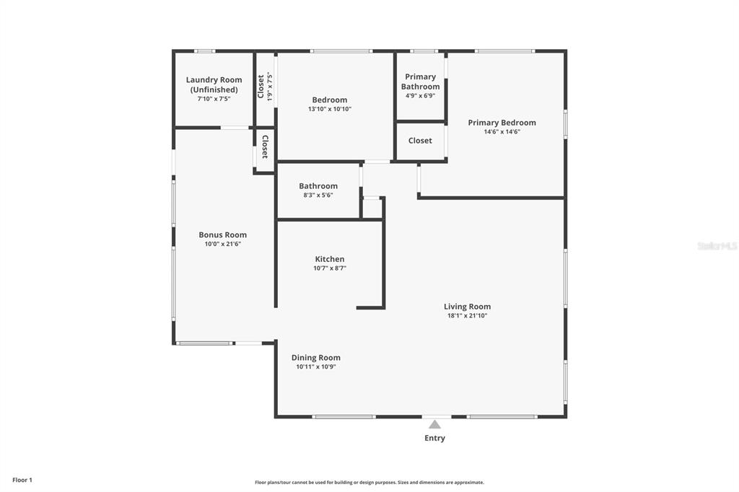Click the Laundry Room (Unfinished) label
[x=214, y=84]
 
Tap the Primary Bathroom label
[x=420, y=82]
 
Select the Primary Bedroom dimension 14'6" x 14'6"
[x=502, y=132]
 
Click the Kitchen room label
[x=329, y=259]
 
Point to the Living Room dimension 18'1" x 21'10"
[x=467, y=315]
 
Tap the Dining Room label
[x=315, y=358]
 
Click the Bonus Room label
[x=222, y=234]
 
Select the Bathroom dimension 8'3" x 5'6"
[x=318, y=195]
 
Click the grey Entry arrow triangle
[x=434, y=424]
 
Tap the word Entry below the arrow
[x=434, y=438]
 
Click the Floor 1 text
[x=22, y=480]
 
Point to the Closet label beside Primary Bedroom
[x=420, y=141]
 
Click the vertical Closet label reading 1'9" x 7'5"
[x=265, y=87]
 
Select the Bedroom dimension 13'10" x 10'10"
[x=329, y=109]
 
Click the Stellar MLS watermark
[x=717, y=246]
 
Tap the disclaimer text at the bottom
[x=369, y=482]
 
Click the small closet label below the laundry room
[x=265, y=146]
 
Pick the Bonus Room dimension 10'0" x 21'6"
[x=222, y=244]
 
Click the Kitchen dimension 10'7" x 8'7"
[x=329, y=268]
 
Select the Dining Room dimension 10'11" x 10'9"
[x=315, y=366]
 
